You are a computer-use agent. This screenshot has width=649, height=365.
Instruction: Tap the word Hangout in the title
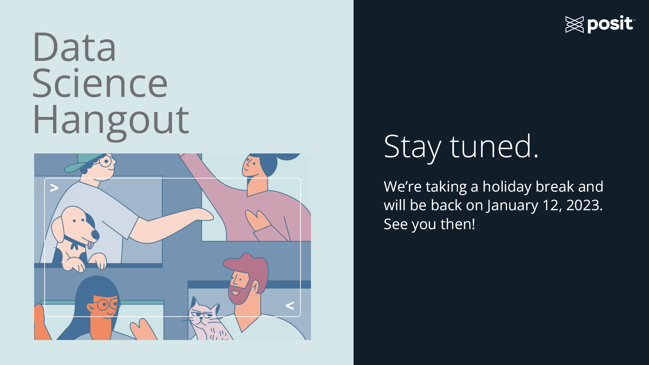click(111, 122)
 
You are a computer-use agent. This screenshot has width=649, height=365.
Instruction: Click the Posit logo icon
click(574, 24)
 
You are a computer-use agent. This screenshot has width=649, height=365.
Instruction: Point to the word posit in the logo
click(610, 24)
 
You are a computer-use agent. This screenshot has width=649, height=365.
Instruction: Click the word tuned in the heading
click(494, 146)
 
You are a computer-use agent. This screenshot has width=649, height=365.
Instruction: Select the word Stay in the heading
click(412, 148)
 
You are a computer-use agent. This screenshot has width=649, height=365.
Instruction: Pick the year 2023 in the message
click(584, 205)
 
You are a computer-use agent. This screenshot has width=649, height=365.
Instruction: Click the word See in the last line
click(395, 224)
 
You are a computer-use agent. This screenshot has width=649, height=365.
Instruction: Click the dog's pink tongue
click(91, 244)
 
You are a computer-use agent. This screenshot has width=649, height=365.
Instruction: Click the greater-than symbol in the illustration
click(54, 188)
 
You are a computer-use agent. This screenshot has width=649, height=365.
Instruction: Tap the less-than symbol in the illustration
click(290, 306)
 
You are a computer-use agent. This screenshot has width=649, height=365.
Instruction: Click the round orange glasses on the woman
click(108, 305)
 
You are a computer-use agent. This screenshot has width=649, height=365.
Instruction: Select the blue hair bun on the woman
click(287, 156)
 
